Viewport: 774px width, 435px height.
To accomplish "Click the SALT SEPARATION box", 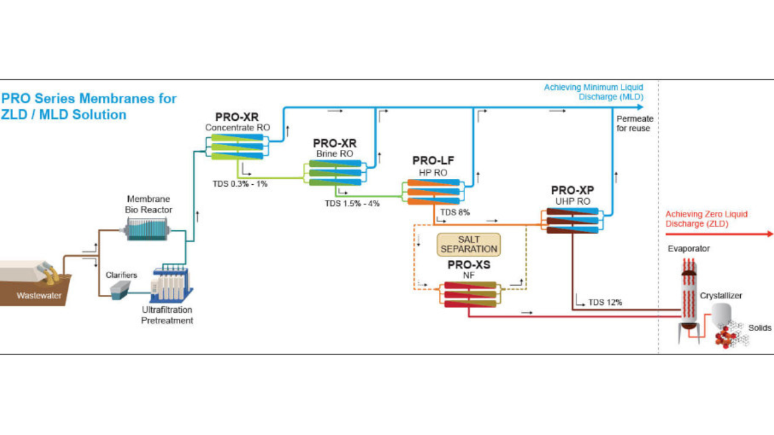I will (x=469, y=244).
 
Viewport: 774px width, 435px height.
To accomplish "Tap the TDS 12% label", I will (x=605, y=302).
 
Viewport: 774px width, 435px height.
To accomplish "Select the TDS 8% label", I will (x=455, y=213).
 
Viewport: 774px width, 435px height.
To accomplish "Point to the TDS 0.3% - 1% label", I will (x=239, y=184).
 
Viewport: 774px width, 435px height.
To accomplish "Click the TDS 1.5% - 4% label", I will (x=352, y=204).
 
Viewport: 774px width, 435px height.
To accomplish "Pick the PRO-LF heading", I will (x=433, y=161).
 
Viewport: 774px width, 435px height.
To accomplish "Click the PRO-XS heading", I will (x=469, y=265).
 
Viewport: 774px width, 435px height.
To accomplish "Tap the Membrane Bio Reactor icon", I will (x=149, y=230).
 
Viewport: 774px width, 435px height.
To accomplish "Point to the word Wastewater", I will (x=37, y=295).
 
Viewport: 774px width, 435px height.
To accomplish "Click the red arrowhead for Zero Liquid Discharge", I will (x=769, y=234).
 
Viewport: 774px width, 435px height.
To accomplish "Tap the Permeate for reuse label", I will (x=634, y=123).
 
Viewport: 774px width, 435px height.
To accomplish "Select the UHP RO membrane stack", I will (x=572, y=221).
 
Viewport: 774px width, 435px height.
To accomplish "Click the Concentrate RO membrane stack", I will (x=237, y=147).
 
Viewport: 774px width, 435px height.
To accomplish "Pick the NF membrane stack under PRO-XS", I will (x=469, y=294).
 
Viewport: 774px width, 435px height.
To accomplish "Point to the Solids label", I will (x=759, y=327).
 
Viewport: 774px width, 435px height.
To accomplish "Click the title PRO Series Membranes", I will (x=89, y=98).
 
